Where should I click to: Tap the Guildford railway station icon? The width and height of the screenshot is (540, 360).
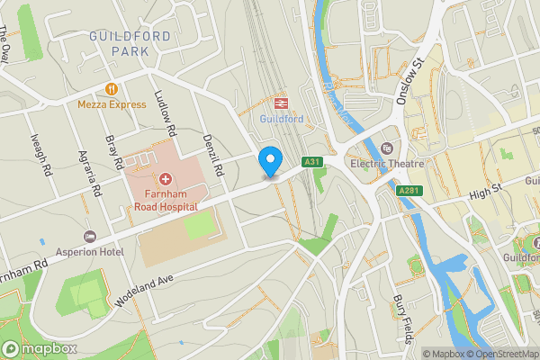281,103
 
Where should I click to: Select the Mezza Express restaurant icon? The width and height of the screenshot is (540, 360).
112,89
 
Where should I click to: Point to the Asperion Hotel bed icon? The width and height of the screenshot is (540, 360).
89,237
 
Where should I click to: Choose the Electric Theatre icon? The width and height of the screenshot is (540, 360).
387,148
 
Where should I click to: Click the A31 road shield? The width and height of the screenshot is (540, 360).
311,162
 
